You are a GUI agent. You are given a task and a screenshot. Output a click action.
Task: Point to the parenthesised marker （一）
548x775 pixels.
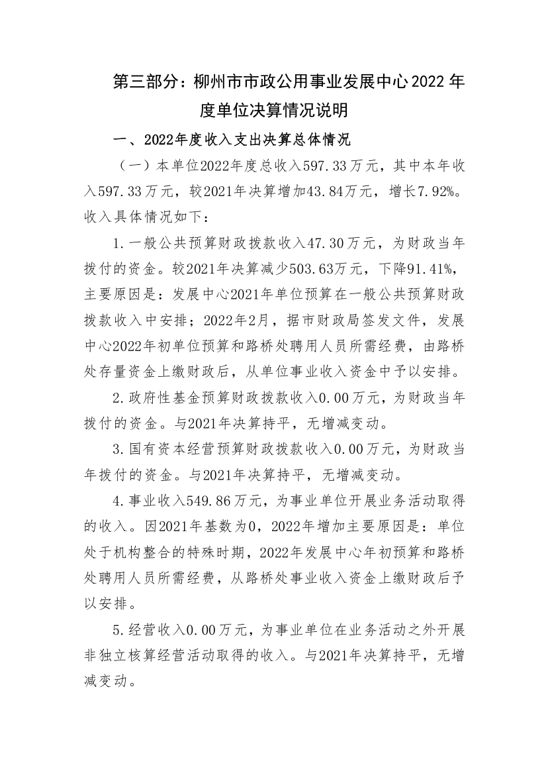(132, 164)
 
